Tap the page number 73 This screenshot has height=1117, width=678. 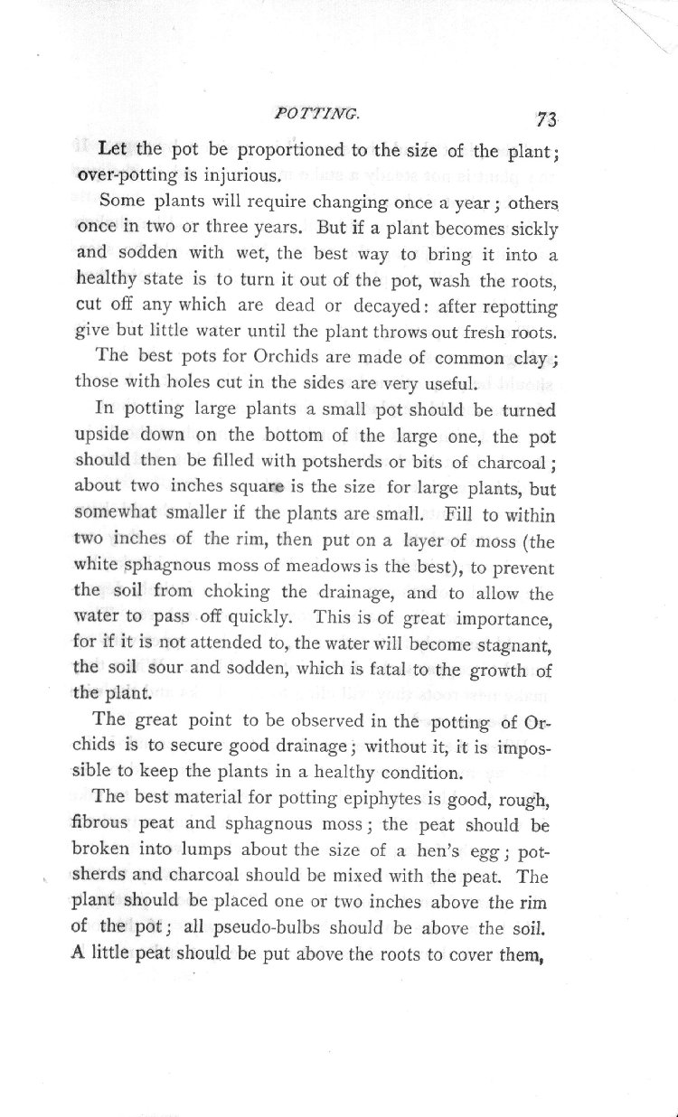coord(547,118)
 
